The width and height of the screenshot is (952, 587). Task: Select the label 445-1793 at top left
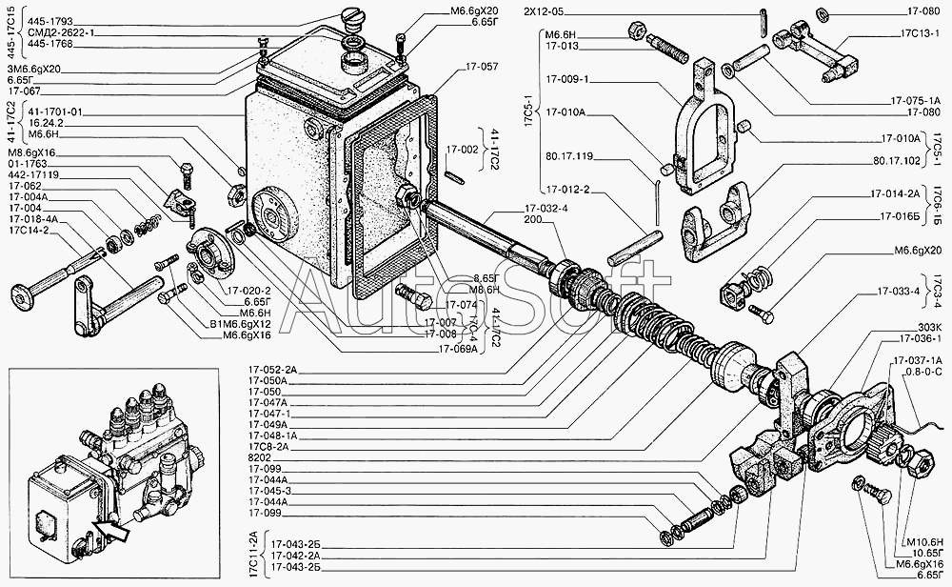pyautogui.click(x=50, y=19)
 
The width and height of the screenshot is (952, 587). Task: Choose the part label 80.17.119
pyautogui.click(x=569, y=156)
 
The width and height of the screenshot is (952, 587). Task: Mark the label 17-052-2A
pyautogui.click(x=273, y=368)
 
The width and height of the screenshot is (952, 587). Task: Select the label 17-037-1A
pyautogui.click(x=918, y=359)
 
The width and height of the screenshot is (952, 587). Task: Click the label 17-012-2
pyautogui.click(x=570, y=189)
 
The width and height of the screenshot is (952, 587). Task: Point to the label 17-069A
pyautogui.click(x=458, y=348)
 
